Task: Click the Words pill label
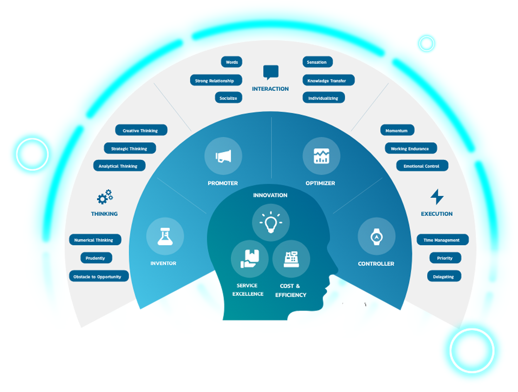(x=232, y=62)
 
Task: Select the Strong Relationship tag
(x=216, y=80)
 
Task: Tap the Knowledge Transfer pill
(x=328, y=80)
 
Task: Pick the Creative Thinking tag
(x=141, y=130)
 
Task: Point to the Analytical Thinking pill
(x=119, y=166)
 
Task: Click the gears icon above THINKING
(x=105, y=197)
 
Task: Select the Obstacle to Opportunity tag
(x=99, y=276)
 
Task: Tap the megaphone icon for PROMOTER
(x=223, y=156)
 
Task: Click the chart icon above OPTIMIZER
(x=321, y=156)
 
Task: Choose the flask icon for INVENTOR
(x=165, y=236)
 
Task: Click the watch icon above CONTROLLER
(x=376, y=237)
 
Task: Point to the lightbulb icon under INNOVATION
(x=271, y=223)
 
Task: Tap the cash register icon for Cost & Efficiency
(x=291, y=259)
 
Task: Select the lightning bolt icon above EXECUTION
(x=437, y=197)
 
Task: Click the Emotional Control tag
(x=422, y=166)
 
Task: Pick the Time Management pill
(x=442, y=240)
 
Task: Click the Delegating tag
(x=444, y=276)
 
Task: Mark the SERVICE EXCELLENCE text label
(x=248, y=290)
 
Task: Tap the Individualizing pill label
(x=324, y=98)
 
